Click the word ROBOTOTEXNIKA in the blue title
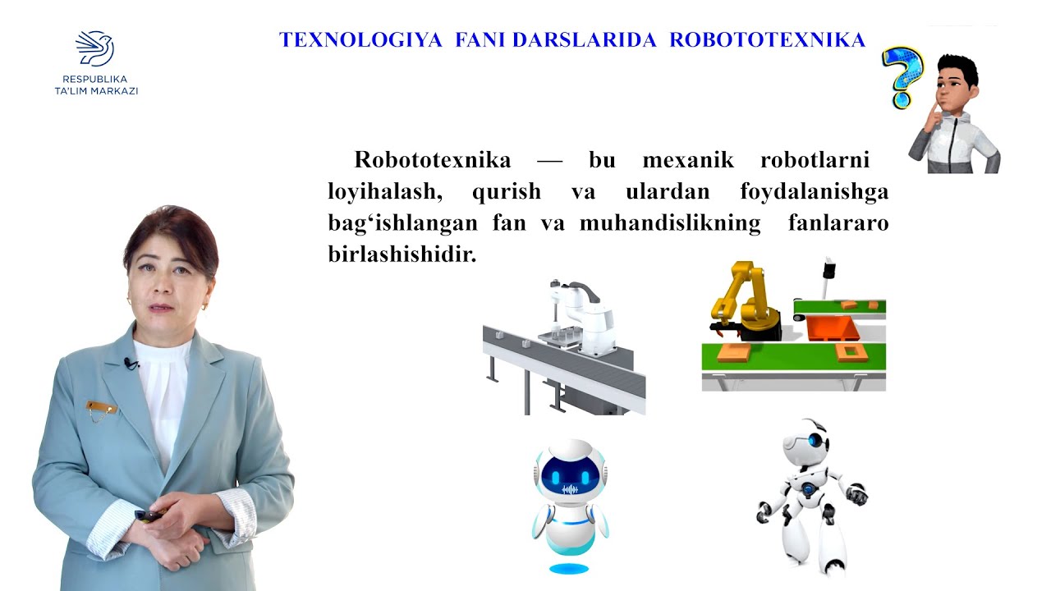767,40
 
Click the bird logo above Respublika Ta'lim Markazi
94,48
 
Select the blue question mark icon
902,76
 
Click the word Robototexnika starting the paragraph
432,159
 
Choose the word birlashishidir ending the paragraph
402,254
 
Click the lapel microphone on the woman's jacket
130,362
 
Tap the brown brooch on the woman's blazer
101,407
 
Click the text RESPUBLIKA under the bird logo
94,80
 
